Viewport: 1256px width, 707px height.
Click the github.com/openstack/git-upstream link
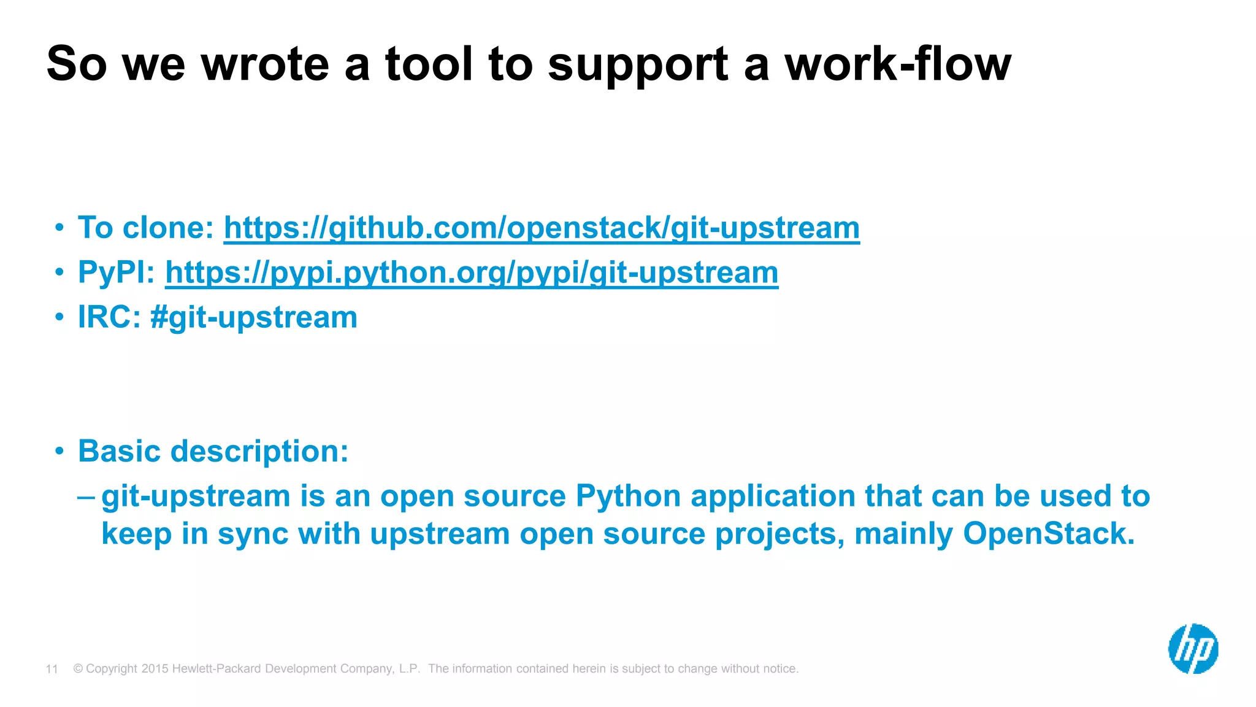click(x=542, y=228)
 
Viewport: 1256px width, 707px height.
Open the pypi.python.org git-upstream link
click(x=472, y=273)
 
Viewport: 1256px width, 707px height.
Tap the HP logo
click(x=1193, y=649)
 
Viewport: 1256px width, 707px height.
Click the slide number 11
click(x=52, y=669)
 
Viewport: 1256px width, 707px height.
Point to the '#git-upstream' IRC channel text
click(x=254, y=318)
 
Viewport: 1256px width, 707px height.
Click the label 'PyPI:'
click(x=117, y=273)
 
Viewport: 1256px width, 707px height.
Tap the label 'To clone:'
click(x=146, y=228)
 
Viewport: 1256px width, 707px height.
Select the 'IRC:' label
click(x=109, y=318)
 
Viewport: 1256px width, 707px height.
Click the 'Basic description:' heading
click(x=213, y=452)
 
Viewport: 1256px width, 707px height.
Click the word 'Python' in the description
click(x=628, y=496)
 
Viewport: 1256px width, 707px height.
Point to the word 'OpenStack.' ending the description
click(x=1049, y=533)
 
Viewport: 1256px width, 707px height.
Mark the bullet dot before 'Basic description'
click(x=59, y=452)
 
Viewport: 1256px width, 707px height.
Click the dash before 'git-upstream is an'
click(x=86, y=496)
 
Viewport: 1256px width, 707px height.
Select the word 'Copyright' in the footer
click(x=112, y=669)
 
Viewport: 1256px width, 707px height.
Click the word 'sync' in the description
click(x=253, y=534)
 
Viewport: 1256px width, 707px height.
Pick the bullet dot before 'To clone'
click(x=59, y=228)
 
